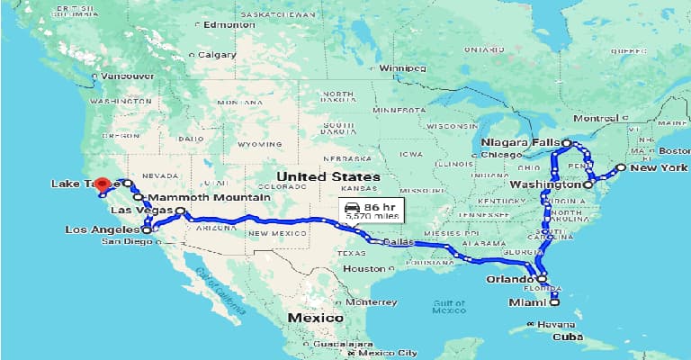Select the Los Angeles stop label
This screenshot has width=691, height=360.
pos(102,229)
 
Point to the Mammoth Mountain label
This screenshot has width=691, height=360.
pos(209,197)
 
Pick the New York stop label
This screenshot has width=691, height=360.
pos(658,168)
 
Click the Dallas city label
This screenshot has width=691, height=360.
pos(397,241)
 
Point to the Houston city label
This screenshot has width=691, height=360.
pos(364,268)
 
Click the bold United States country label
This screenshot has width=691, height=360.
pos(316,176)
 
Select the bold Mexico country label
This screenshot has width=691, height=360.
pos(315,319)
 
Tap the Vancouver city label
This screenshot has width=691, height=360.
pos(127,76)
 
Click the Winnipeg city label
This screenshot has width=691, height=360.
pos(401,68)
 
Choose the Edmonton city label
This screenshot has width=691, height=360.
pos(224,25)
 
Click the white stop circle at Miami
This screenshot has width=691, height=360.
pos(555,302)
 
